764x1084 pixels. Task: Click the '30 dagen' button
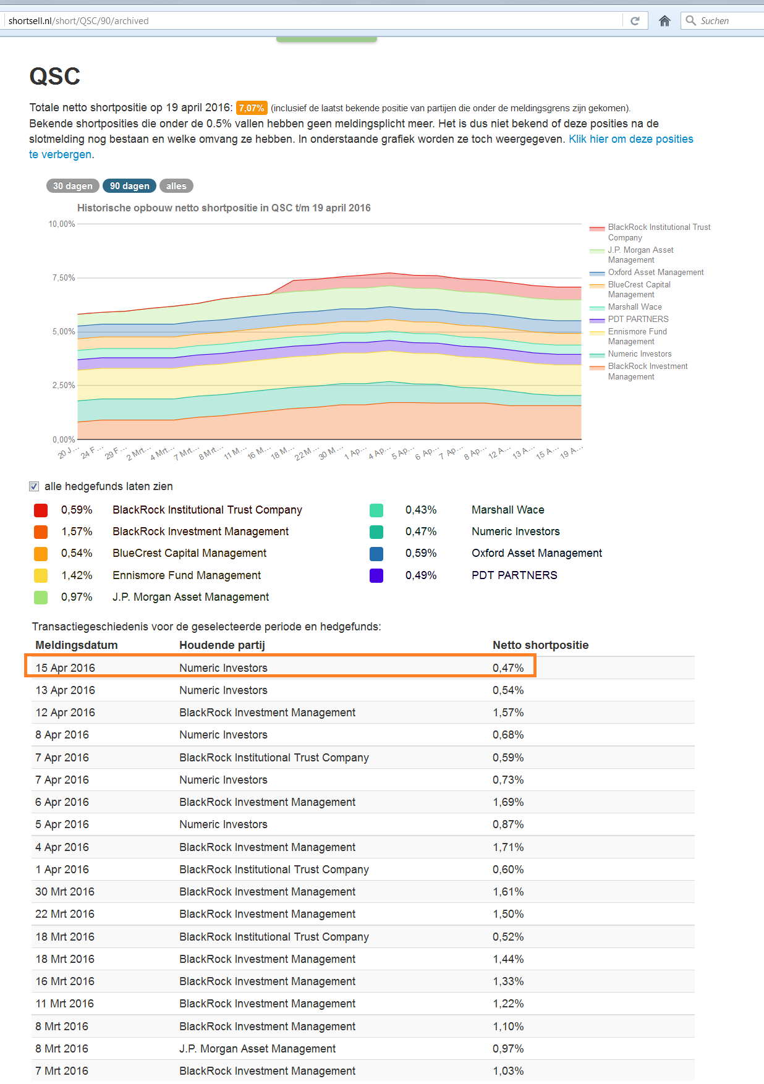click(72, 186)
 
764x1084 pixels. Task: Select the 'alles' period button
click(176, 186)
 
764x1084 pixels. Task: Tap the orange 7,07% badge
click(252, 108)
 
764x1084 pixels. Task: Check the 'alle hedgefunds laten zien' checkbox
click(34, 486)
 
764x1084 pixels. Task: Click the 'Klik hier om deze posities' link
click(630, 139)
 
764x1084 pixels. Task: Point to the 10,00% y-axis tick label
click(62, 224)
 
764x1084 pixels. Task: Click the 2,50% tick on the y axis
click(63, 385)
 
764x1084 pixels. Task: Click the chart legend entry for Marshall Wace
click(634, 307)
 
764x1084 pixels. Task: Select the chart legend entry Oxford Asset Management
click(655, 273)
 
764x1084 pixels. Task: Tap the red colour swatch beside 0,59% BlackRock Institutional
click(41, 510)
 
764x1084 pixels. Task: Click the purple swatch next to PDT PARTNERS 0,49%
click(376, 575)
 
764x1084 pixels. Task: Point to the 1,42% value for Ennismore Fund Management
click(77, 575)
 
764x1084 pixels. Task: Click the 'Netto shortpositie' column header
click(540, 645)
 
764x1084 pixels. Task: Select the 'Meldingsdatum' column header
click(76, 645)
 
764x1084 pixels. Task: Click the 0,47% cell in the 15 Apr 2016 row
click(508, 668)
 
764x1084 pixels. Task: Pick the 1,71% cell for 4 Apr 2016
click(508, 847)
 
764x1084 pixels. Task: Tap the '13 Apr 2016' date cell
click(65, 690)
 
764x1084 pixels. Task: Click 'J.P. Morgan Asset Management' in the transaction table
click(257, 1049)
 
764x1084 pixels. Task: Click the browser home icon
click(664, 21)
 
